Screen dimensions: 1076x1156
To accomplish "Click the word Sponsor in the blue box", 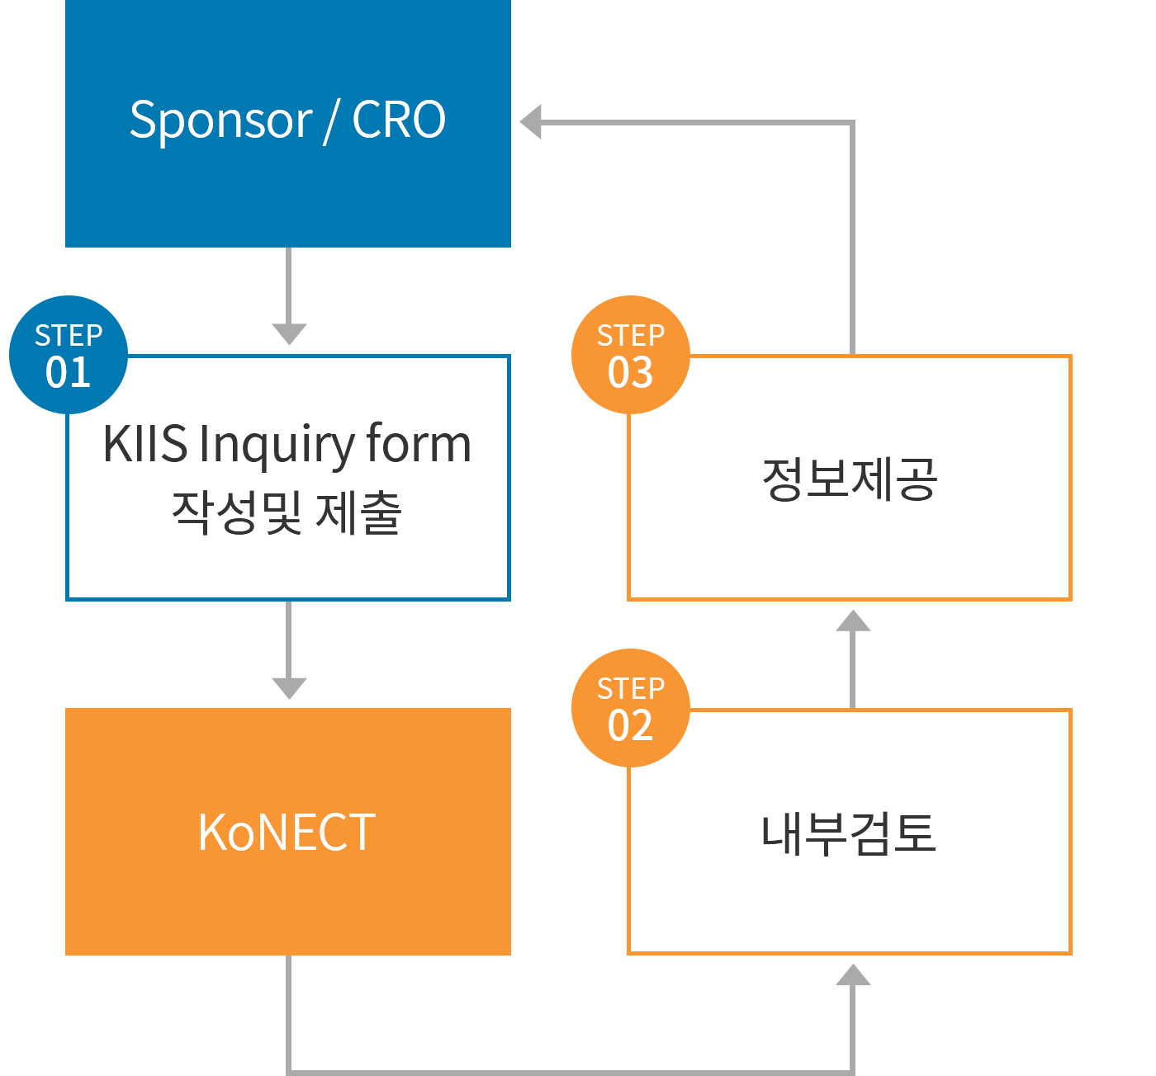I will point(220,120).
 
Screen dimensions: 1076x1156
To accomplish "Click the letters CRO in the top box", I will point(399,120).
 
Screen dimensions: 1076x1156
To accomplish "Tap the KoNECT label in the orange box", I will point(287,832).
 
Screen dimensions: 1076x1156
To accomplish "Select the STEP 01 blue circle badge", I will point(69,355).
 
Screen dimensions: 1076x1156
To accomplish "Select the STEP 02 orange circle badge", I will point(631,708).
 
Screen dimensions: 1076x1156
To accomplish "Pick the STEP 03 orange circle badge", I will point(631,355).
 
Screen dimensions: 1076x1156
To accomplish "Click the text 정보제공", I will point(849,479).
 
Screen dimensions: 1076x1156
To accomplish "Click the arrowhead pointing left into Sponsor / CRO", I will point(531,122).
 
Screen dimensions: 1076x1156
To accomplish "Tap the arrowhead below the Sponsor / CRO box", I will point(289,333).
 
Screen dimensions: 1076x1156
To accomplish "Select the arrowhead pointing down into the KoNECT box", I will point(289,687).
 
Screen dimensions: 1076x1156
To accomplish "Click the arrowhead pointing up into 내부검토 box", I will point(853,975).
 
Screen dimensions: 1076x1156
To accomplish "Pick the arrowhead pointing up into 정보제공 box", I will point(853,621).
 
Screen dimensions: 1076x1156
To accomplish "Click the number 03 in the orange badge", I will point(631,372).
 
